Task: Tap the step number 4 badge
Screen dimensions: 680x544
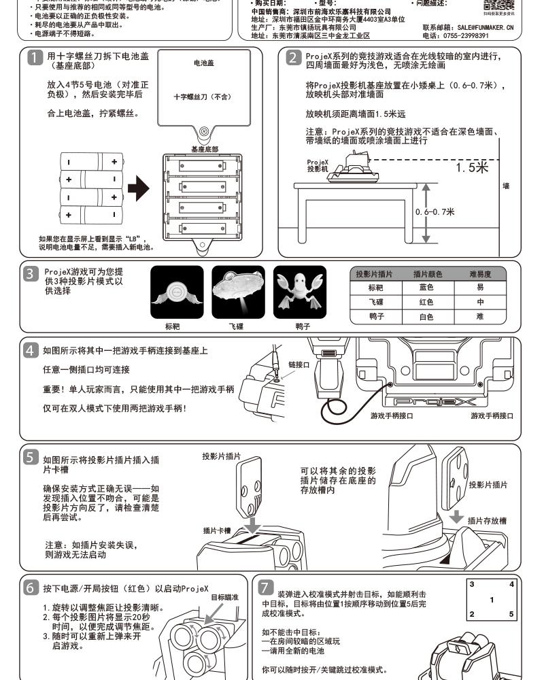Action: pyautogui.click(x=30, y=351)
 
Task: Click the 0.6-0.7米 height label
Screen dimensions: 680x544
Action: pyautogui.click(x=435, y=211)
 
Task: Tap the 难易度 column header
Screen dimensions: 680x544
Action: pyautogui.click(x=480, y=274)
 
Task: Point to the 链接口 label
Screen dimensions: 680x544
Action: pyautogui.click(x=299, y=364)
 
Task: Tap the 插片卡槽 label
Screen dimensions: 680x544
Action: pyautogui.click(x=217, y=530)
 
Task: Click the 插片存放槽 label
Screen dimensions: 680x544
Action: pyautogui.click(x=488, y=520)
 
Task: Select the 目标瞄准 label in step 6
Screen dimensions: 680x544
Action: pyautogui.click(x=224, y=596)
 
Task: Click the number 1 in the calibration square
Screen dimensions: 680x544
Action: pyautogui.click(x=492, y=599)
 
